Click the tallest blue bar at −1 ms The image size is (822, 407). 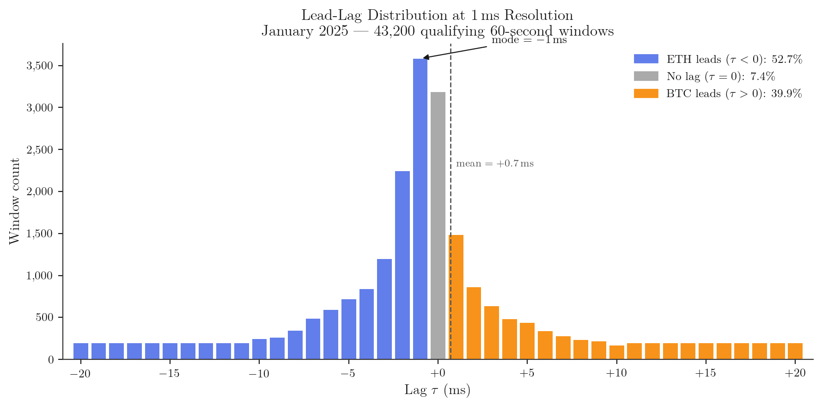420,208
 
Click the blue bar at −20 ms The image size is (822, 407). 81,351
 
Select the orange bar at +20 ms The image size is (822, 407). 795,351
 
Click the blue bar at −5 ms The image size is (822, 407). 349,329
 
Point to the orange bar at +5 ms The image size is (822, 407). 527,341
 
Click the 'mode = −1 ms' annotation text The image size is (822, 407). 529,40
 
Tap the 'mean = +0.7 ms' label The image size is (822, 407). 495,164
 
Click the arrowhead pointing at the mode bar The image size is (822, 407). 426,58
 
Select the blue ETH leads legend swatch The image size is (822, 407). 645,59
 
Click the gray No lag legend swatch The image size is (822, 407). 645,76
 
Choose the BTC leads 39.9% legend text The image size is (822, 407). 734,93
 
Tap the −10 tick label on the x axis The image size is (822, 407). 259,374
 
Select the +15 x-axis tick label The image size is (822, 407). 706,374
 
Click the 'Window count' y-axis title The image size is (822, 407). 15,201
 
